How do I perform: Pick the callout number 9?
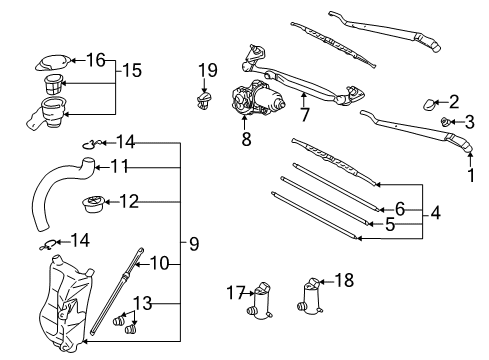point(194,242)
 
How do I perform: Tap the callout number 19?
point(206,70)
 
